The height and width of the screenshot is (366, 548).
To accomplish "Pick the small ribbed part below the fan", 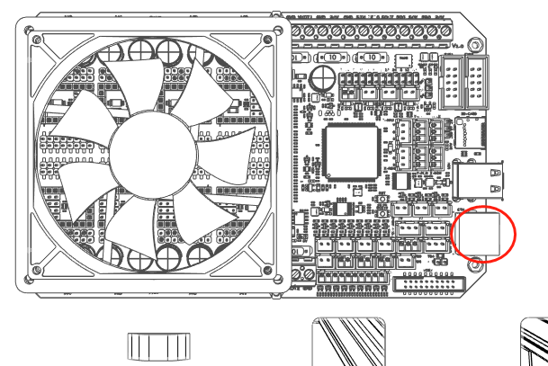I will point(160,345).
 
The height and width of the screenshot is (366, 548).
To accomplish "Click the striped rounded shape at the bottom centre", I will point(349,343).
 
